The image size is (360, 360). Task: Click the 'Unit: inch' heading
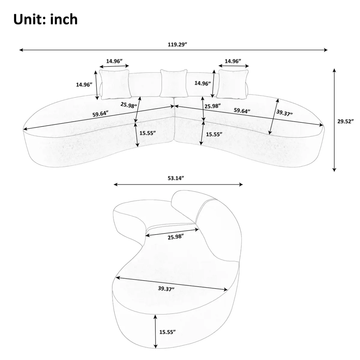pos(45,19)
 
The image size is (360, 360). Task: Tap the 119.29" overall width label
pos(177,45)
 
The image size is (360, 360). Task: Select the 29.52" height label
pos(345,121)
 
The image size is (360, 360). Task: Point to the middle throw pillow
pos(174,83)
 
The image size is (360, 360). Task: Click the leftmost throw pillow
pos(115,84)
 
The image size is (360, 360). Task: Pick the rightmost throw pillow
pos(233,84)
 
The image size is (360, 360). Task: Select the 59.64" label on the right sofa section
pos(242,111)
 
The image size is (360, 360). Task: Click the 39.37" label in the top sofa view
pos(284,113)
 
